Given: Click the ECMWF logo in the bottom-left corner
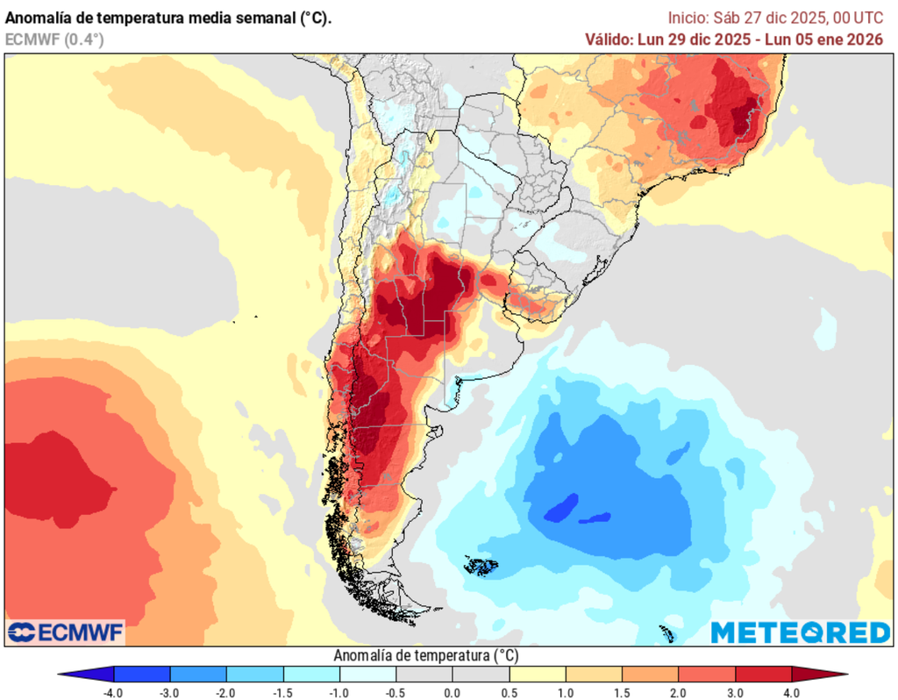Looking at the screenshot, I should (x=66, y=632).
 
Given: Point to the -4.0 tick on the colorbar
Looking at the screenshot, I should (x=113, y=692).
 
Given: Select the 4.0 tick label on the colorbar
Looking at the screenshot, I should (x=791, y=692).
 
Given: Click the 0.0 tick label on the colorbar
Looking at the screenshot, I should (x=453, y=692).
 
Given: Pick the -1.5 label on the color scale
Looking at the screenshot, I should (x=282, y=692).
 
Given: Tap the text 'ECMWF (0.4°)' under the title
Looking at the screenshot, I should (x=54, y=39).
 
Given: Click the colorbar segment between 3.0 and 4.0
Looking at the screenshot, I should (x=763, y=674).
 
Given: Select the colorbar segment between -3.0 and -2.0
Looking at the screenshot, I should (x=198, y=674).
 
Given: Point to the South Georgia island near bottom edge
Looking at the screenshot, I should (x=666, y=633).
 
